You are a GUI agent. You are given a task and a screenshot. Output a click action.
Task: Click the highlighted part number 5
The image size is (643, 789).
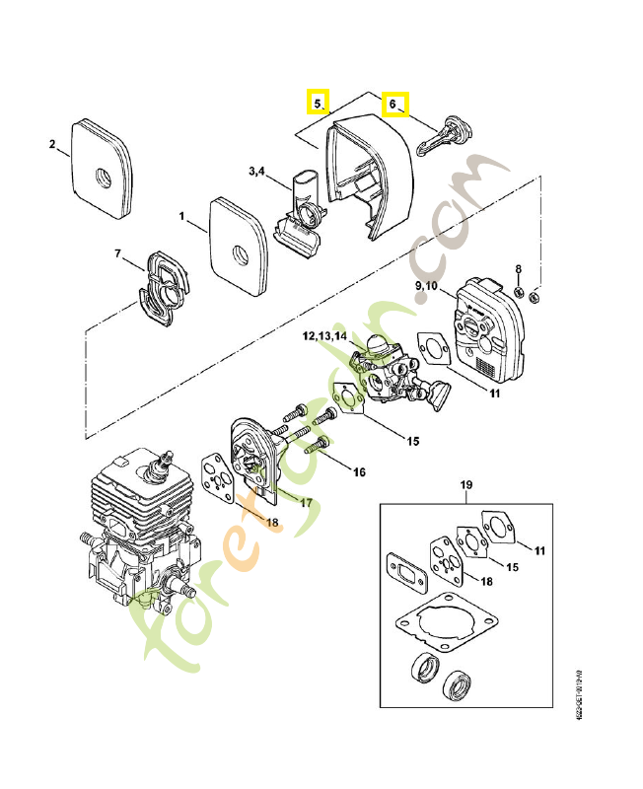click(317, 102)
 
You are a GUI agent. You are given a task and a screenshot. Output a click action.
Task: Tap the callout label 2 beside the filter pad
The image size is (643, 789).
click(52, 145)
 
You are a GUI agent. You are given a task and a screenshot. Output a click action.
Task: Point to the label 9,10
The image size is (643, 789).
click(430, 285)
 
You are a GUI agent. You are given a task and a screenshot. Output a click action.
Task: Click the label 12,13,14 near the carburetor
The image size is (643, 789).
click(324, 336)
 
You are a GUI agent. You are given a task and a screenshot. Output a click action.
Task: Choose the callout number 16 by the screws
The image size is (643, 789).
click(359, 472)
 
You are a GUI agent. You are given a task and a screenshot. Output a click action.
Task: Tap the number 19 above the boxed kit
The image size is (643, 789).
click(467, 485)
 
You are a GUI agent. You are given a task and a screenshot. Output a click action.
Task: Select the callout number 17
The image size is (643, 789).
click(306, 502)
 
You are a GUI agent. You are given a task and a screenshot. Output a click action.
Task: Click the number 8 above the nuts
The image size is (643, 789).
click(520, 269)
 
